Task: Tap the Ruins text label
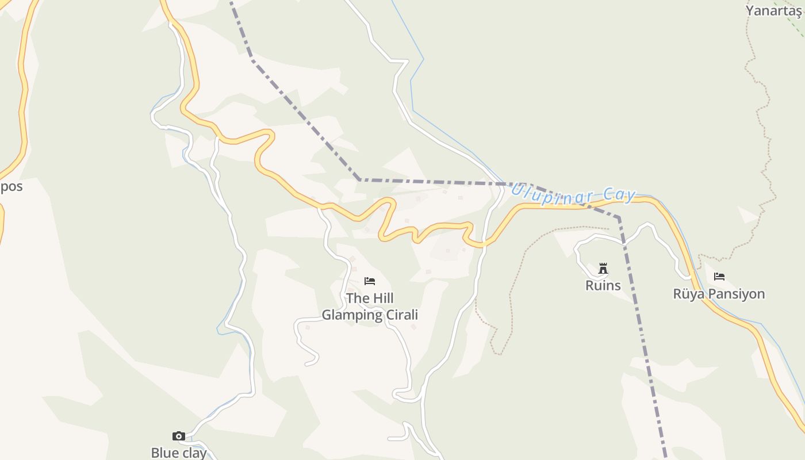point(603,285)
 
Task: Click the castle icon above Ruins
point(603,268)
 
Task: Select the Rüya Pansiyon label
point(719,294)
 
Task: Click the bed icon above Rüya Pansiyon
point(719,277)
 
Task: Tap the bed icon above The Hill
point(370,281)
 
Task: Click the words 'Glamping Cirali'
point(370,315)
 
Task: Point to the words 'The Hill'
point(370,298)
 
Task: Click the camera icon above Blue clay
point(179,436)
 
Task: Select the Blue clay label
point(179,453)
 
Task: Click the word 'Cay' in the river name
point(619,195)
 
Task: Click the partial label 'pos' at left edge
point(11,186)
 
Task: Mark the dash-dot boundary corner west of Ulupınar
point(360,180)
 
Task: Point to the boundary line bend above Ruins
point(619,218)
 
